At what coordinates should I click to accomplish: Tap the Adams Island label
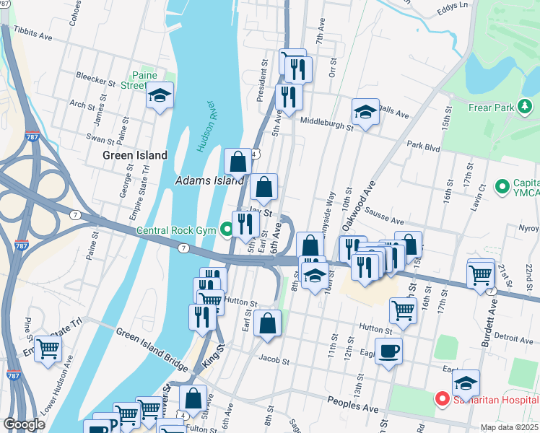[x=209, y=180]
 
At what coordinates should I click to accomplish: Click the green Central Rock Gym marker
[x=227, y=231]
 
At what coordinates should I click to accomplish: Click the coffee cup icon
[x=388, y=351]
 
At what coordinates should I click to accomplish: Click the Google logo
[x=25, y=425]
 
